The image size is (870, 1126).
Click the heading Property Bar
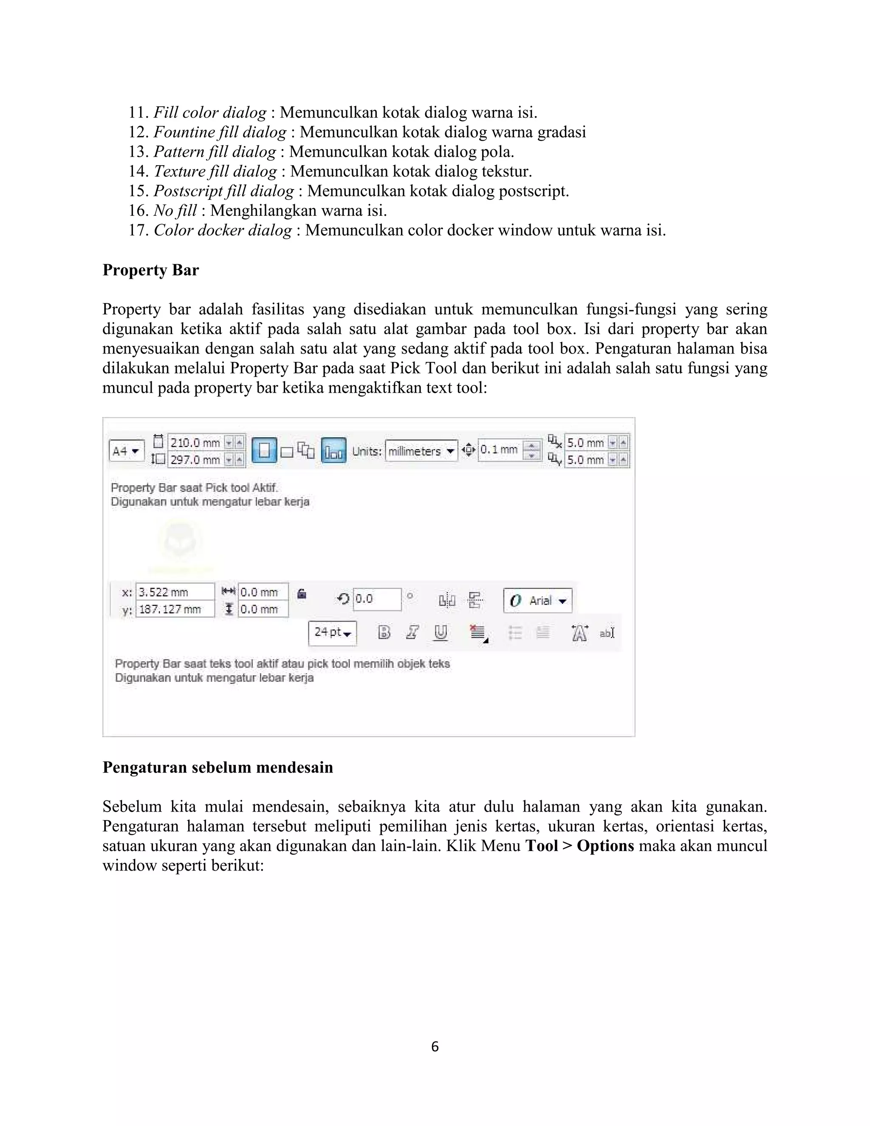[x=150, y=270]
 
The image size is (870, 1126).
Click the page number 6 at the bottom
[x=435, y=1047]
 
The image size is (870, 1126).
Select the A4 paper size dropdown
[x=126, y=451]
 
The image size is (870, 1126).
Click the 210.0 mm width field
[x=196, y=443]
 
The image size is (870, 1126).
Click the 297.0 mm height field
[x=196, y=460]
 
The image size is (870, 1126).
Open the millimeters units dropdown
[x=421, y=451]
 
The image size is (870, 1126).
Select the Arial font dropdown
[x=537, y=601]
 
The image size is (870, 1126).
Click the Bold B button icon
[x=384, y=633]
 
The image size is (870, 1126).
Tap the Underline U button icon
[x=440, y=633]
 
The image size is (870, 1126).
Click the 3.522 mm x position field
[x=174, y=592]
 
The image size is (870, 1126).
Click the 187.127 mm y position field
[x=174, y=609]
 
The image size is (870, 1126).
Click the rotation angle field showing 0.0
[x=376, y=599]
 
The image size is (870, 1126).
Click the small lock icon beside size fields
[x=302, y=594]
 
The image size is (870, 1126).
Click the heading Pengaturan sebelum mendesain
[x=217, y=767]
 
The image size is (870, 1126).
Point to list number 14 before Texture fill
[x=138, y=171]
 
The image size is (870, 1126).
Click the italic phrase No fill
[x=175, y=210]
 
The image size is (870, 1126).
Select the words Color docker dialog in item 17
[x=223, y=230]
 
